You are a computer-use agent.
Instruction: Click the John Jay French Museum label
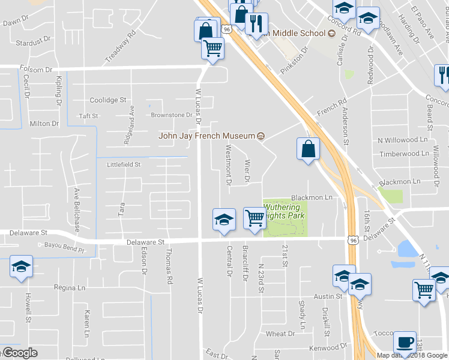(206, 135)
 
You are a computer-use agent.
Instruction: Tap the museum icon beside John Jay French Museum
(261, 136)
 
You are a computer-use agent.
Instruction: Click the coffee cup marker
(405, 343)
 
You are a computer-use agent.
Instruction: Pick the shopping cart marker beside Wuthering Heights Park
(255, 218)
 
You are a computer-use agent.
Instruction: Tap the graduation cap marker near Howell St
(22, 267)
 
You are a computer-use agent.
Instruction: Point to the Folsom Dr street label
(37, 70)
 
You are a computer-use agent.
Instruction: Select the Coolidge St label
(108, 100)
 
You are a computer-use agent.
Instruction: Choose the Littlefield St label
(123, 164)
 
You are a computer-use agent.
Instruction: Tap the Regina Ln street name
(70, 288)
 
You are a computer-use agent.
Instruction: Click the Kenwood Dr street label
(328, 347)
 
